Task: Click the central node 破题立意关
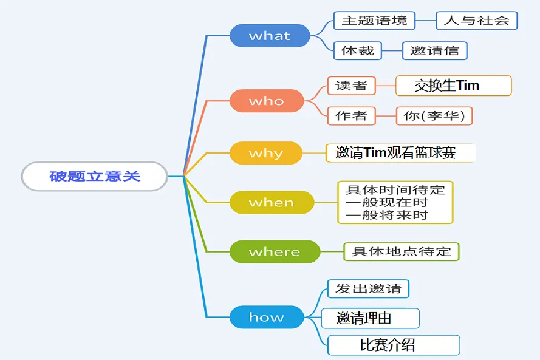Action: (x=95, y=176)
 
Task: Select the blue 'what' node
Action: (x=270, y=35)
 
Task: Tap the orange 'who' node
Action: (x=267, y=101)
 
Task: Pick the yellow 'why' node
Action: (x=266, y=153)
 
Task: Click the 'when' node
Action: (x=272, y=202)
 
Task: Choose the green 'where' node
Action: (x=275, y=251)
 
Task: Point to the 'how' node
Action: (x=267, y=317)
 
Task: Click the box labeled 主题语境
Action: (x=374, y=20)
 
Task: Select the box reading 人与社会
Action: (x=477, y=20)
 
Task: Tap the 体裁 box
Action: (x=358, y=50)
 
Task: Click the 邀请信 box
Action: (x=435, y=50)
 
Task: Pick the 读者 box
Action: (x=351, y=86)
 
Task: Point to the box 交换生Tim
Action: (x=454, y=86)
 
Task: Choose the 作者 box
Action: (x=351, y=115)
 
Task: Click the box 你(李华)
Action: (x=434, y=115)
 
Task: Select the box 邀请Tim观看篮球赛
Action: (x=400, y=153)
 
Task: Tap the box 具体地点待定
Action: (x=402, y=251)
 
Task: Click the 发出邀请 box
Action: (x=368, y=288)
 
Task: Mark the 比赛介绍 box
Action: (x=394, y=345)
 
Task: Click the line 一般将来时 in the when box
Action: (x=387, y=215)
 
